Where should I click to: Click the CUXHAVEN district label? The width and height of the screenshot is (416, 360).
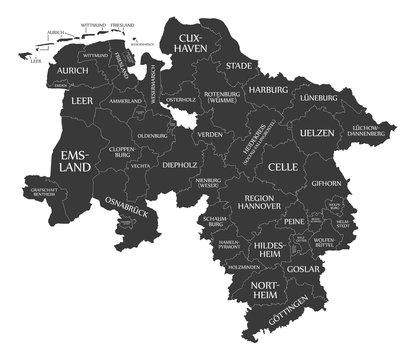point(191,41)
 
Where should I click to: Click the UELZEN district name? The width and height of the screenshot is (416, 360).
point(317,134)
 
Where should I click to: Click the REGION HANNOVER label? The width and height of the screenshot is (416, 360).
point(265,204)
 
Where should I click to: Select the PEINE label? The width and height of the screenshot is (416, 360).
point(293,220)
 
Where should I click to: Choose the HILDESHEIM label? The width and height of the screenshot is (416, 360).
point(270,249)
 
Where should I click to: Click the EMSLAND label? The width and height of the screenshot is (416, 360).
point(77,162)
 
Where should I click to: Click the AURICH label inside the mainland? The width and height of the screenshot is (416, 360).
point(73,71)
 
